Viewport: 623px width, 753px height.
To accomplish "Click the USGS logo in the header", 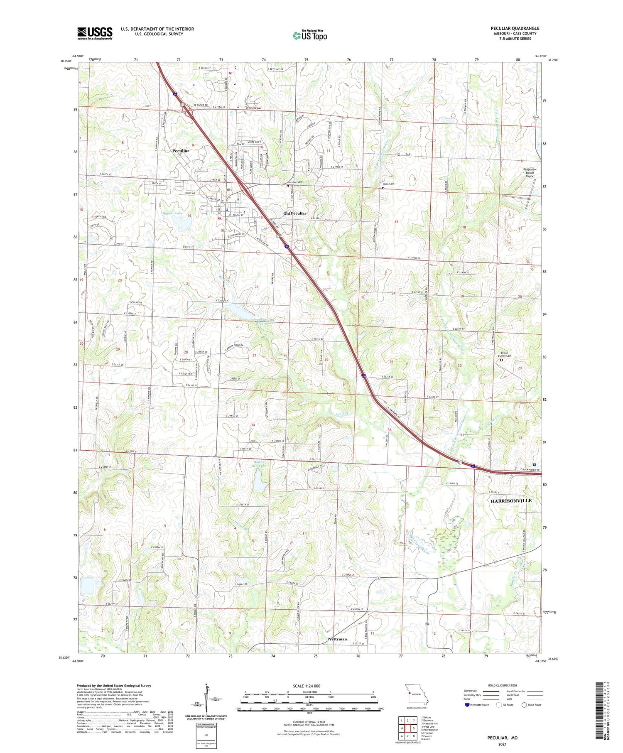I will pos(95,33).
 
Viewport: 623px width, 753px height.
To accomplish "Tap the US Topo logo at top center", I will pos(309,36).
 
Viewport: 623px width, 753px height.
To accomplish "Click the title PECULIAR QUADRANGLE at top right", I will pos(515,28).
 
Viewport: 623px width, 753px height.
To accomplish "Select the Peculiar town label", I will pos(181,151).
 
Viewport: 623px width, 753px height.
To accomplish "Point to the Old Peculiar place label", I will pos(295,213).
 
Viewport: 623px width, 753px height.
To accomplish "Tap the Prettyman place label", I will pos(337,639).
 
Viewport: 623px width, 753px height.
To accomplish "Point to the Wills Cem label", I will pos(388,184).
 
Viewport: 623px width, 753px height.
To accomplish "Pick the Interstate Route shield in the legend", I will pos(467,705).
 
